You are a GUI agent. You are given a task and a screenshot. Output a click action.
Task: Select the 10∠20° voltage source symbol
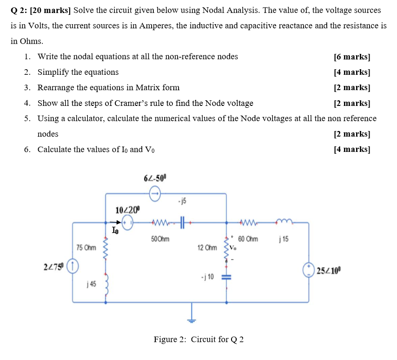[128, 222]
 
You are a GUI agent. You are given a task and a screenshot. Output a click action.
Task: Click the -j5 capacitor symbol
[181, 223]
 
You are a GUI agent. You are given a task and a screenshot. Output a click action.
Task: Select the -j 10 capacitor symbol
[227, 277]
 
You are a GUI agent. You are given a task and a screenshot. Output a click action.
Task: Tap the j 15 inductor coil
[284, 223]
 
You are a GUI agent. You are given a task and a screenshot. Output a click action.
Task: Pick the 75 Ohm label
[86, 248]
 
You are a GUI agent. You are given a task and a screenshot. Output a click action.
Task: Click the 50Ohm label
[160, 239]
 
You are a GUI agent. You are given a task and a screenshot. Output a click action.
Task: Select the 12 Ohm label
[207, 248]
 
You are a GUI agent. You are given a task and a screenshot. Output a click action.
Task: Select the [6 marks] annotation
[352, 57]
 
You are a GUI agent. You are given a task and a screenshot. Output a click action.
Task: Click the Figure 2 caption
[198, 339]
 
